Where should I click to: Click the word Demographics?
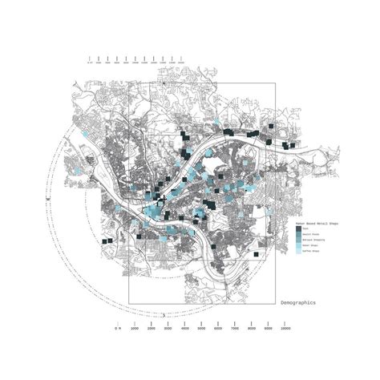coord(298,302)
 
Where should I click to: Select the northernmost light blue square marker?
coord(216,122)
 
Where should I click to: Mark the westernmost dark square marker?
coord(105,240)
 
